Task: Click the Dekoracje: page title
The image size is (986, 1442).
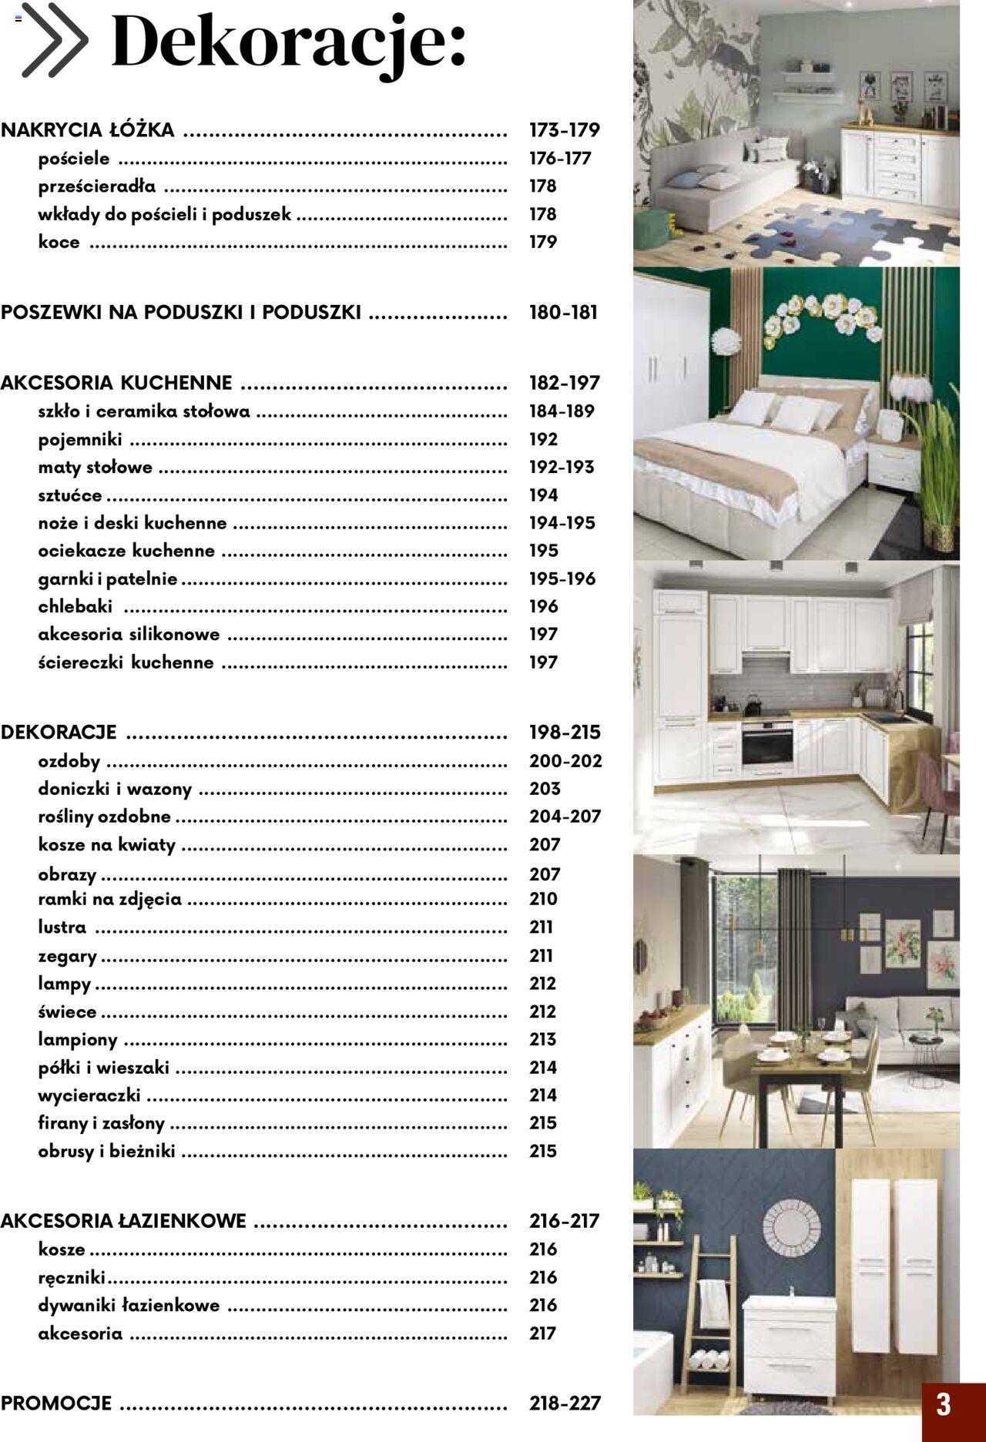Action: pos(289,42)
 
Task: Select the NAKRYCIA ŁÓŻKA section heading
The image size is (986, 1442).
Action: pos(88,130)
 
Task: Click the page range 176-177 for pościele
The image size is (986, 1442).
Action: pos(560,159)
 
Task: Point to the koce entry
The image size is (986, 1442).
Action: pos(59,242)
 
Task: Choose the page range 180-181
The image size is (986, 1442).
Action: pos(563,313)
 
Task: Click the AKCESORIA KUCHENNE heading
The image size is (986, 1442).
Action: pos(116,383)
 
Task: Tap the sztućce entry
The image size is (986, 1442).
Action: pos(70,495)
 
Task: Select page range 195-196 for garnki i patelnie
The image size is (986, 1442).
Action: pos(562,578)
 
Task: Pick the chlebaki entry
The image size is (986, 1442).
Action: pos(75,606)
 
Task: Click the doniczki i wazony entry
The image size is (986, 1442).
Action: pos(115,789)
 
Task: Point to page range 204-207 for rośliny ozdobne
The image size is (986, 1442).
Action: pos(565,817)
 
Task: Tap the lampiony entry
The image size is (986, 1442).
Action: pos(78,1040)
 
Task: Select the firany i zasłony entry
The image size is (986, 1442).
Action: pos(102,1123)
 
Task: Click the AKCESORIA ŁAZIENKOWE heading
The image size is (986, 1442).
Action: pos(123,1221)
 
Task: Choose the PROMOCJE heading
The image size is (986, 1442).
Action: pos(56,1403)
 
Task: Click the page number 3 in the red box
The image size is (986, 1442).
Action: pos(944,1403)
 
